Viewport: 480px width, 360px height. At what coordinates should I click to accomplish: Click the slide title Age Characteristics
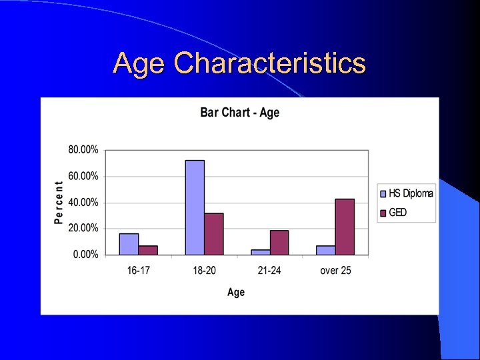239,63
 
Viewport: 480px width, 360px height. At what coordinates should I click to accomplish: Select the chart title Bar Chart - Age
239,112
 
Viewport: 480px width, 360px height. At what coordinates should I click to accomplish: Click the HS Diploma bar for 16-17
129,244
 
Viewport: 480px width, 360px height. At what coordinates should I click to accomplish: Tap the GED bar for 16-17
148,250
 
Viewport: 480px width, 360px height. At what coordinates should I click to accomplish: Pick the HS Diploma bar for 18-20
195,207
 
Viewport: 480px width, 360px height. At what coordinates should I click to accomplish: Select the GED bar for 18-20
214,234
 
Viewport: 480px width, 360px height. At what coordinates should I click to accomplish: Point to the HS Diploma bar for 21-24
261,252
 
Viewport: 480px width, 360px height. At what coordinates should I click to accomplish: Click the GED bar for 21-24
279,243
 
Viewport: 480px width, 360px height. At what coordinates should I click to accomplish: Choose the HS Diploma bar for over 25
326,250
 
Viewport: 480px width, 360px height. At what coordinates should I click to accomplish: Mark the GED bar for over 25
345,227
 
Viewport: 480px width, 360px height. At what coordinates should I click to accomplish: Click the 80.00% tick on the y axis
83,150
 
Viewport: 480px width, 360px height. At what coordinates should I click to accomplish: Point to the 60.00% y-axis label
83,176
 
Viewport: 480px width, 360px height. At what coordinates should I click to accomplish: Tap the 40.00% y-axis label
83,202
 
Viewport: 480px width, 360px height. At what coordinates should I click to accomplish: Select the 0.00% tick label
85,254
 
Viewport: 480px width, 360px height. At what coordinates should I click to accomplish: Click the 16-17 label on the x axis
138,270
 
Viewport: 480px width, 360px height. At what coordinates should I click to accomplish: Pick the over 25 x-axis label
335,270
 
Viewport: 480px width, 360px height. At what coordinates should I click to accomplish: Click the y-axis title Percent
59,202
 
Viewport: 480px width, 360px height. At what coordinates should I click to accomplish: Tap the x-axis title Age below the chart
236,292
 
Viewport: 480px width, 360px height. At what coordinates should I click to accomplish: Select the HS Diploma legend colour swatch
383,194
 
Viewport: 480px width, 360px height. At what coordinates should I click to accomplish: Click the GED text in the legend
398,212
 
